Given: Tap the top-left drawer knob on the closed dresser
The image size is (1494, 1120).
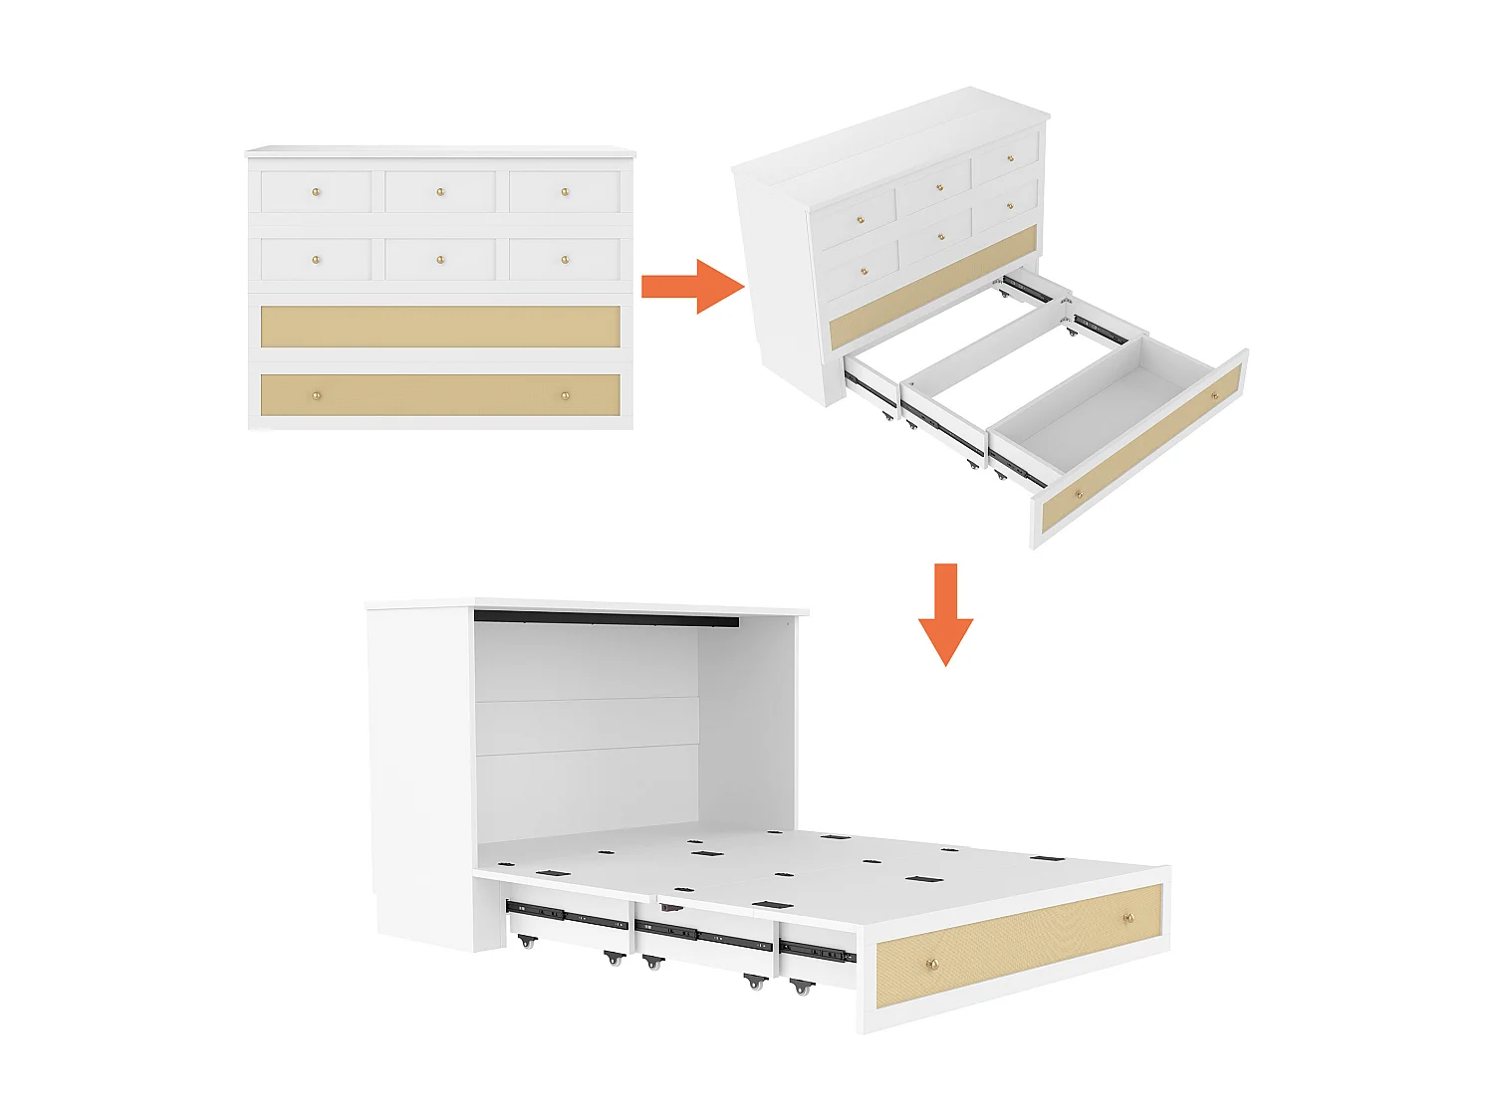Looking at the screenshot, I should (x=317, y=192).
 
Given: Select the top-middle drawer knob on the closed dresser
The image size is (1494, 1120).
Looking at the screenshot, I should (x=441, y=192).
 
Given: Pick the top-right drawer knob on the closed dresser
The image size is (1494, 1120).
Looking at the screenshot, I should (x=565, y=192).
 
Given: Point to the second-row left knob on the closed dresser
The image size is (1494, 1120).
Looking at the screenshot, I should (x=317, y=260).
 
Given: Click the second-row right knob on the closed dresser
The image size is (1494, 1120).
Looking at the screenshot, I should (x=565, y=260).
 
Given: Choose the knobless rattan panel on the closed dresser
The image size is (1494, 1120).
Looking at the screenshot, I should (x=440, y=327).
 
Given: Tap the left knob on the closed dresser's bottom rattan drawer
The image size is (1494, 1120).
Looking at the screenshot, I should (x=317, y=395).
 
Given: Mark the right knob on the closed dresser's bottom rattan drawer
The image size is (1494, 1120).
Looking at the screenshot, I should (x=565, y=395).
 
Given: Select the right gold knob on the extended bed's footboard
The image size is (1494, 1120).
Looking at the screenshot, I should (x=1128, y=917).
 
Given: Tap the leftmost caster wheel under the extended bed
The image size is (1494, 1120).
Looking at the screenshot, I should (x=526, y=941).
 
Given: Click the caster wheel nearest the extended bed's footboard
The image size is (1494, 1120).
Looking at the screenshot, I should (x=801, y=988).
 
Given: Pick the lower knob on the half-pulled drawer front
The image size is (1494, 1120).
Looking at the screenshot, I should (x=1078, y=495).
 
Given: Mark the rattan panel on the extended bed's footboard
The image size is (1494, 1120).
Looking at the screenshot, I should (x=1021, y=941).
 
